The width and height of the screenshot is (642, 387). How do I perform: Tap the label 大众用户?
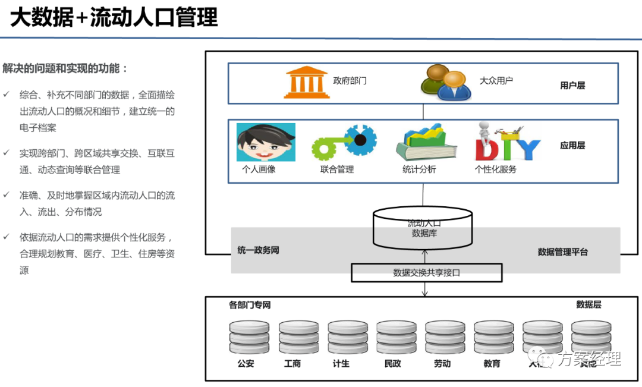point(496,80)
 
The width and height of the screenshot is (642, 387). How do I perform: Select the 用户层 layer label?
point(572,85)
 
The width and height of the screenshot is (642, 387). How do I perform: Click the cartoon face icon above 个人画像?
point(266,142)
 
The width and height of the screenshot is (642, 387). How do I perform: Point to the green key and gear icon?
point(344,143)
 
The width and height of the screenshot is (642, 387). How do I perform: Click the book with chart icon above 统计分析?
point(426,142)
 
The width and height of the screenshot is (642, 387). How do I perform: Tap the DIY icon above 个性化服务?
point(506,143)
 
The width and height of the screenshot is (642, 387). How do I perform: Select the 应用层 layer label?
point(572,146)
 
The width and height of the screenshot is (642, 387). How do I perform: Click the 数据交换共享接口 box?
point(426,273)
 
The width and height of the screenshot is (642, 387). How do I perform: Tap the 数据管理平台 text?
point(562,252)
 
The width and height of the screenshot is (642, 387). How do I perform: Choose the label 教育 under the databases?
point(492,363)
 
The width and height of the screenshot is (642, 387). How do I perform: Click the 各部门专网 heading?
point(250,305)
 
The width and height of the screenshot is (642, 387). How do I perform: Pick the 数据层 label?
point(588,304)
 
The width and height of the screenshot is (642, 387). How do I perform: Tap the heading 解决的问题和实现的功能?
point(65,68)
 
